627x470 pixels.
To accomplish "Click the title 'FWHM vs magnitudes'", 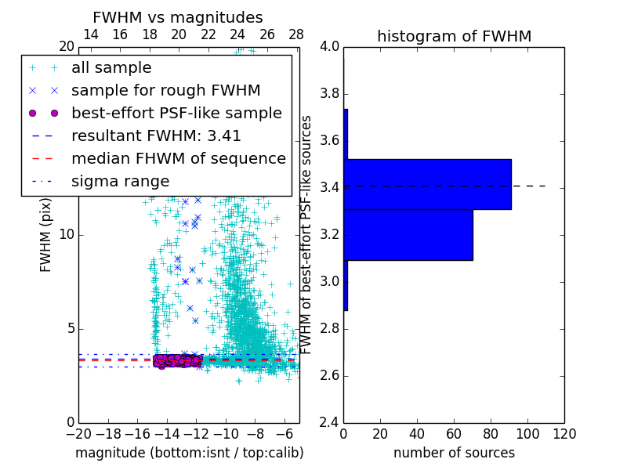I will (x=178, y=18).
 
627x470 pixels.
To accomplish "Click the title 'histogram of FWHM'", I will (x=454, y=36).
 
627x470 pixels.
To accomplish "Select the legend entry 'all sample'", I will (x=111, y=68).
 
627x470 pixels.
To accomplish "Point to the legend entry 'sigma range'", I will (x=120, y=182).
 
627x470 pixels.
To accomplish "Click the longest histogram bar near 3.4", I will (x=428, y=184).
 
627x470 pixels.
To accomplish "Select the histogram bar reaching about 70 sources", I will (x=408, y=234).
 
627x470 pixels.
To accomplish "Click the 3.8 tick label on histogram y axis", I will (x=329, y=94).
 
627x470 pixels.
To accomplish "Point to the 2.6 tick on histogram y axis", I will (x=329, y=375).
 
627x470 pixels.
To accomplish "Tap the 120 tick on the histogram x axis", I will (x=564, y=434).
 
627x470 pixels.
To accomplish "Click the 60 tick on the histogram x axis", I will (x=454, y=434).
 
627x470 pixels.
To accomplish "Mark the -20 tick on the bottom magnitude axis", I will (x=78, y=434).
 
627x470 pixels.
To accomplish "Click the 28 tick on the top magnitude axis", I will (x=296, y=35).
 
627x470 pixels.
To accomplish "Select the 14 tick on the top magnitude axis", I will (x=90, y=35).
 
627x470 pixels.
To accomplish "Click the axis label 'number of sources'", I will (x=454, y=453).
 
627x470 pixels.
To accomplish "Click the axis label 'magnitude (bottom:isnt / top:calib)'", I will (x=189, y=453).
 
